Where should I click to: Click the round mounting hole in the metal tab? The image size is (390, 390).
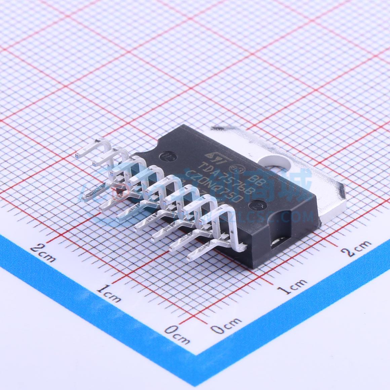coord(277,161)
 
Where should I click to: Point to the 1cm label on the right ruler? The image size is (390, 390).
coord(294,286)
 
